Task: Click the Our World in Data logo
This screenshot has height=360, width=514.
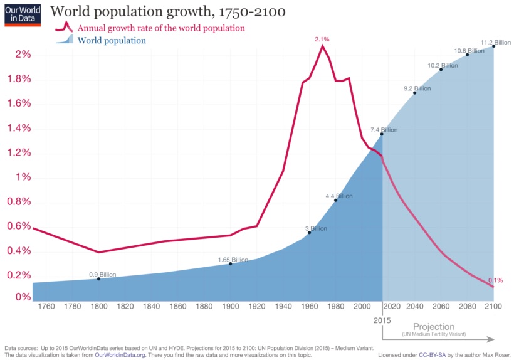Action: [22, 14]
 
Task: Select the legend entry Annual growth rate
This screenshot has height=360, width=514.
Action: [160, 28]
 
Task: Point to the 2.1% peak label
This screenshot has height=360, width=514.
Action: [322, 39]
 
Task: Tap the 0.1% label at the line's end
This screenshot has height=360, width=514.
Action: [495, 280]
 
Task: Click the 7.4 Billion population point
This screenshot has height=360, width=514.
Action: [381, 134]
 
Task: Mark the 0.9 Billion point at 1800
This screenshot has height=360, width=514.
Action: [98, 278]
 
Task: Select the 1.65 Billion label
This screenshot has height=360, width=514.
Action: [233, 260]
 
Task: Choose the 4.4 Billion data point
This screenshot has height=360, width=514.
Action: [335, 200]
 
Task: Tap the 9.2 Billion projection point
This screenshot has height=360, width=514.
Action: [414, 93]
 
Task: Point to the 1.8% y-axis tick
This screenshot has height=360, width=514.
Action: [19, 79]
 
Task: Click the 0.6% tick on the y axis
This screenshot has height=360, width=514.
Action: [19, 226]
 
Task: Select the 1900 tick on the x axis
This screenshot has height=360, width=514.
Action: [231, 306]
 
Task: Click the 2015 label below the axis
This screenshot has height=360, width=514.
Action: [382, 320]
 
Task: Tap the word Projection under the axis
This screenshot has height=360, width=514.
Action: [433, 327]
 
